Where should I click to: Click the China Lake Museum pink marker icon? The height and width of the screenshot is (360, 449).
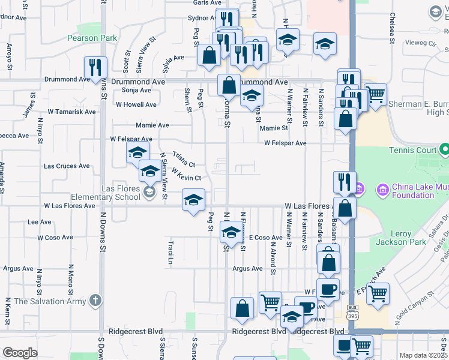pos(382,190)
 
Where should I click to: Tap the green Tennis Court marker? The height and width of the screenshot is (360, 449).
pos(444,149)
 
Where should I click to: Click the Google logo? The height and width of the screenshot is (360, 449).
pos(20,353)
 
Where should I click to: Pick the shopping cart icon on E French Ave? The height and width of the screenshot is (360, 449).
pos(378,293)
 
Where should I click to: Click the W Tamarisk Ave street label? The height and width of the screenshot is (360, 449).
pos(71,112)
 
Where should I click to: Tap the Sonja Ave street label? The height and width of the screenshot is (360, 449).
pos(136,90)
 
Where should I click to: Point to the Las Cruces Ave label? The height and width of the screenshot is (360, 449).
pos(67,166)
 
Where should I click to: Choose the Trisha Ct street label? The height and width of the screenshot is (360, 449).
pos(184,159)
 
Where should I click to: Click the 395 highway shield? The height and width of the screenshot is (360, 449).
pos(352,315)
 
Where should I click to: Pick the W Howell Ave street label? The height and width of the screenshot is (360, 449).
pos(136,104)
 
